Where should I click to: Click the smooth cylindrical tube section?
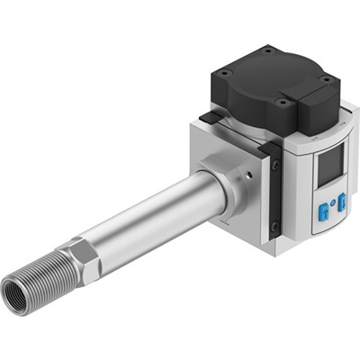coord(153,216)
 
